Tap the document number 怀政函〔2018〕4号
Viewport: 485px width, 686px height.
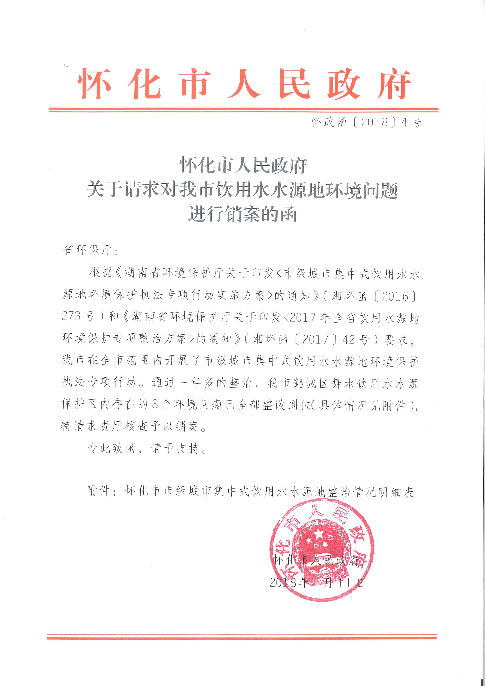(366, 122)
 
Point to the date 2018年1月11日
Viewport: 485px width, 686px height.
(317, 582)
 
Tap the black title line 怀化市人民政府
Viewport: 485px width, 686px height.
(243, 165)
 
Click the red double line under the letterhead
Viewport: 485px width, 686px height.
(243, 110)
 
